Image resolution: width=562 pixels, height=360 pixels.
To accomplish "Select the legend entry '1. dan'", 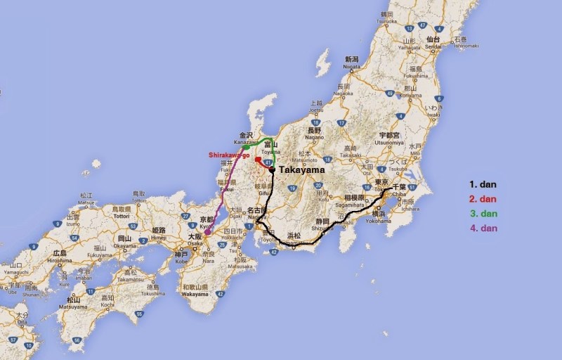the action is [x=483, y=185].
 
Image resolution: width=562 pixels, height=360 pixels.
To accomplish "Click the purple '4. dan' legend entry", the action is [x=483, y=229].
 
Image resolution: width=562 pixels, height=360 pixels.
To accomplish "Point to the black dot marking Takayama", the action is [x=271, y=169].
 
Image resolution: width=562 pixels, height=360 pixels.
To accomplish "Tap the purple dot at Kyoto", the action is [x=207, y=231].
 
